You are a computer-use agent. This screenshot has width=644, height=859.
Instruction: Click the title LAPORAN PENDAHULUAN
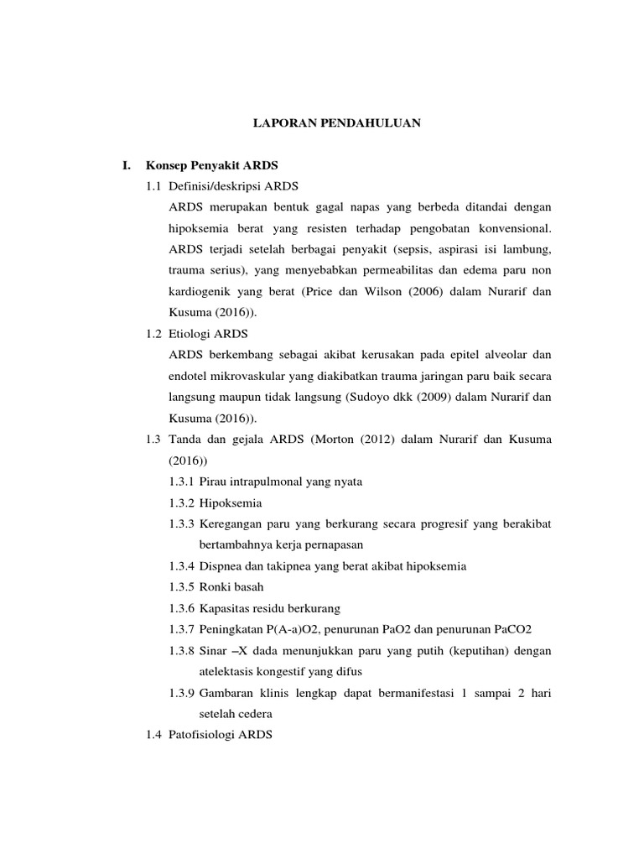337,122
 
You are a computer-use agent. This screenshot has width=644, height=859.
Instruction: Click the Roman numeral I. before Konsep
127,166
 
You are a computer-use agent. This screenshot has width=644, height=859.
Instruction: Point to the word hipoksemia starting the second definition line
200,228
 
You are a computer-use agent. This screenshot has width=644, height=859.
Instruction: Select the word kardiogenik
201,290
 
